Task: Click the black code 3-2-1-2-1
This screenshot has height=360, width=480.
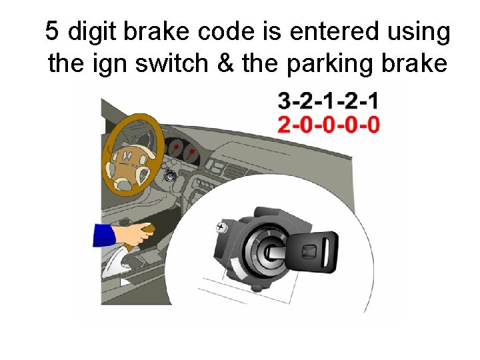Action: point(328,102)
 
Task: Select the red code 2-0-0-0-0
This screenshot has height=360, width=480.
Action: point(328,125)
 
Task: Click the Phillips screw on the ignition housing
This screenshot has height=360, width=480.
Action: point(221,228)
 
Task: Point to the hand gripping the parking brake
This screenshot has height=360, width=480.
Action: point(141,234)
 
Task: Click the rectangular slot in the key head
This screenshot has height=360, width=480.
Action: point(309,251)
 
